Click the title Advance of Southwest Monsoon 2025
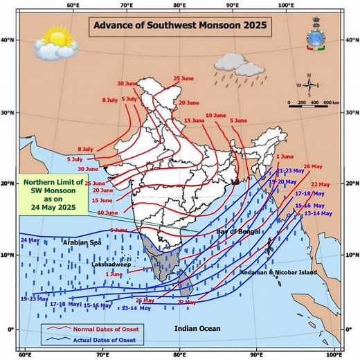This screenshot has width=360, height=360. click(x=179, y=27)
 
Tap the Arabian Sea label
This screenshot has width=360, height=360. click(x=82, y=243)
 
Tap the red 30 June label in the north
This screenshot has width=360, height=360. click(x=129, y=84)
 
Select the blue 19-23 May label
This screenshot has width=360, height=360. click(x=35, y=299)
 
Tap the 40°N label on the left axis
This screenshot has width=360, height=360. click(x=9, y=40)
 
